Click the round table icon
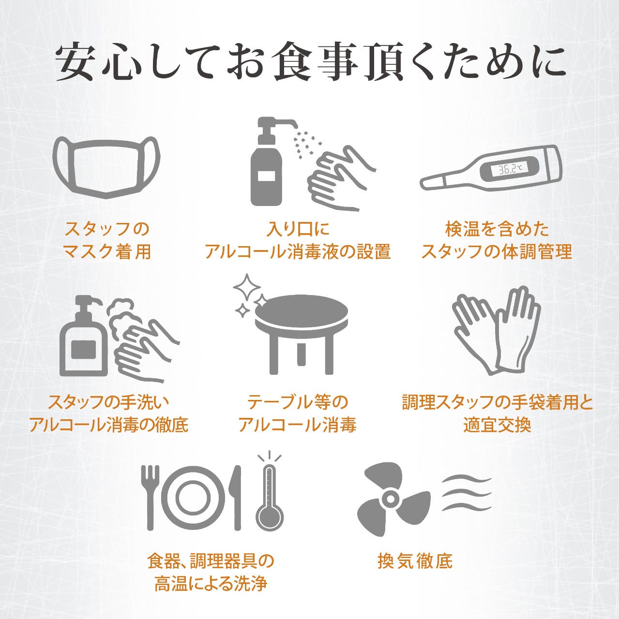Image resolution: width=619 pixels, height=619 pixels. pos(302,334)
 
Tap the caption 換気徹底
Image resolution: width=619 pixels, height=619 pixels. pos(415,561)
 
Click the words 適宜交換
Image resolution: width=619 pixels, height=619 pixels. pos(497,425)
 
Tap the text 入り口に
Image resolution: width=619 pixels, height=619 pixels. pos(298,229)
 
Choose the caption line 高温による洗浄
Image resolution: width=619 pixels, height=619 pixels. pos(211,584)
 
